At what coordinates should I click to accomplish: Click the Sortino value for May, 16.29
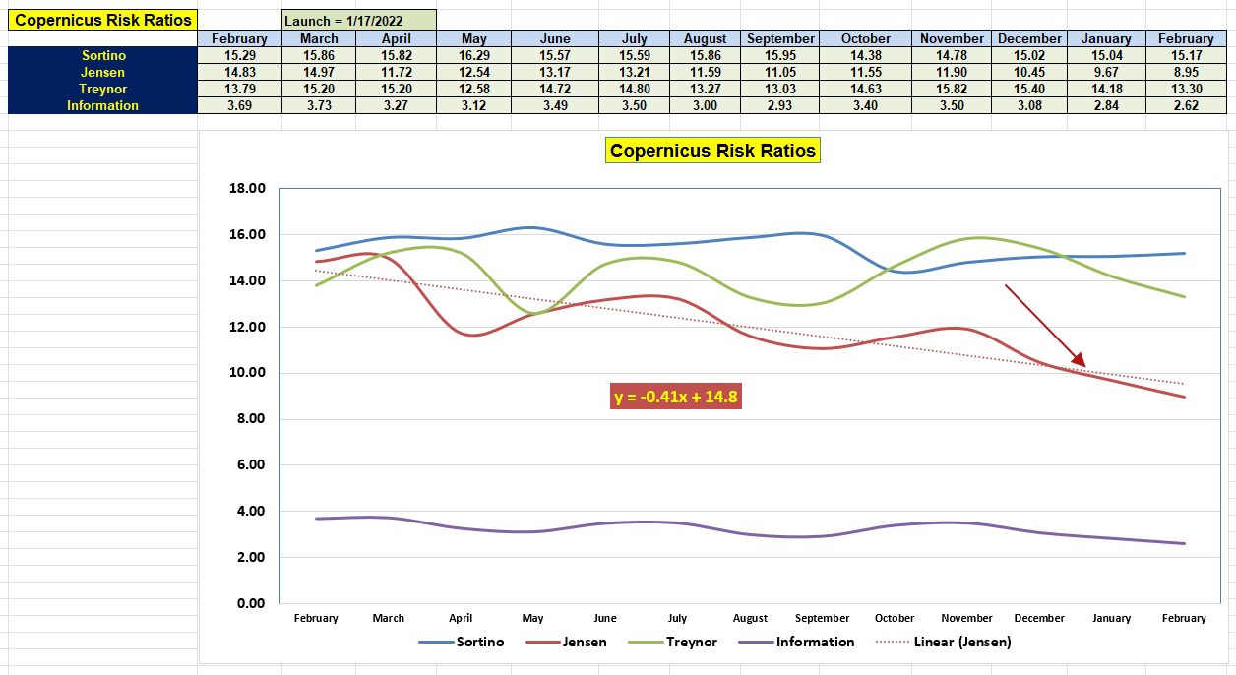click(x=474, y=56)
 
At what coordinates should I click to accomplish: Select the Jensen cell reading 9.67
click(x=1106, y=72)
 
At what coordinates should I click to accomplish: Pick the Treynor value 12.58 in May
click(x=474, y=89)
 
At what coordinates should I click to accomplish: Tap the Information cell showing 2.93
click(x=779, y=105)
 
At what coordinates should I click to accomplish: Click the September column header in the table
click(x=779, y=38)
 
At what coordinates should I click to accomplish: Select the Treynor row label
click(x=102, y=89)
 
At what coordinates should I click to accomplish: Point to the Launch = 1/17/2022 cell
click(x=358, y=21)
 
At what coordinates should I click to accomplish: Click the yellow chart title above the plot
click(x=712, y=151)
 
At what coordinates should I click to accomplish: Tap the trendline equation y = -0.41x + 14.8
click(x=675, y=397)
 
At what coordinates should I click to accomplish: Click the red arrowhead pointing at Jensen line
click(x=1080, y=360)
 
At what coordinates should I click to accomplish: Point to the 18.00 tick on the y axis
click(x=247, y=188)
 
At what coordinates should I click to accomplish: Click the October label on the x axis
click(x=894, y=618)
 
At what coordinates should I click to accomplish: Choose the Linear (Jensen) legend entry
click(x=944, y=642)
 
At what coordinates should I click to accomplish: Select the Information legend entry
click(x=796, y=642)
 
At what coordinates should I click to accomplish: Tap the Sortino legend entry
click(x=462, y=642)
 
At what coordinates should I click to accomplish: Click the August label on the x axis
click(x=750, y=618)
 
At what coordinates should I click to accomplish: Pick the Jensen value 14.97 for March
click(x=319, y=72)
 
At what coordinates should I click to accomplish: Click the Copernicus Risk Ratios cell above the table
click(x=102, y=20)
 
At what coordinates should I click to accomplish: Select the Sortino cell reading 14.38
click(x=865, y=56)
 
